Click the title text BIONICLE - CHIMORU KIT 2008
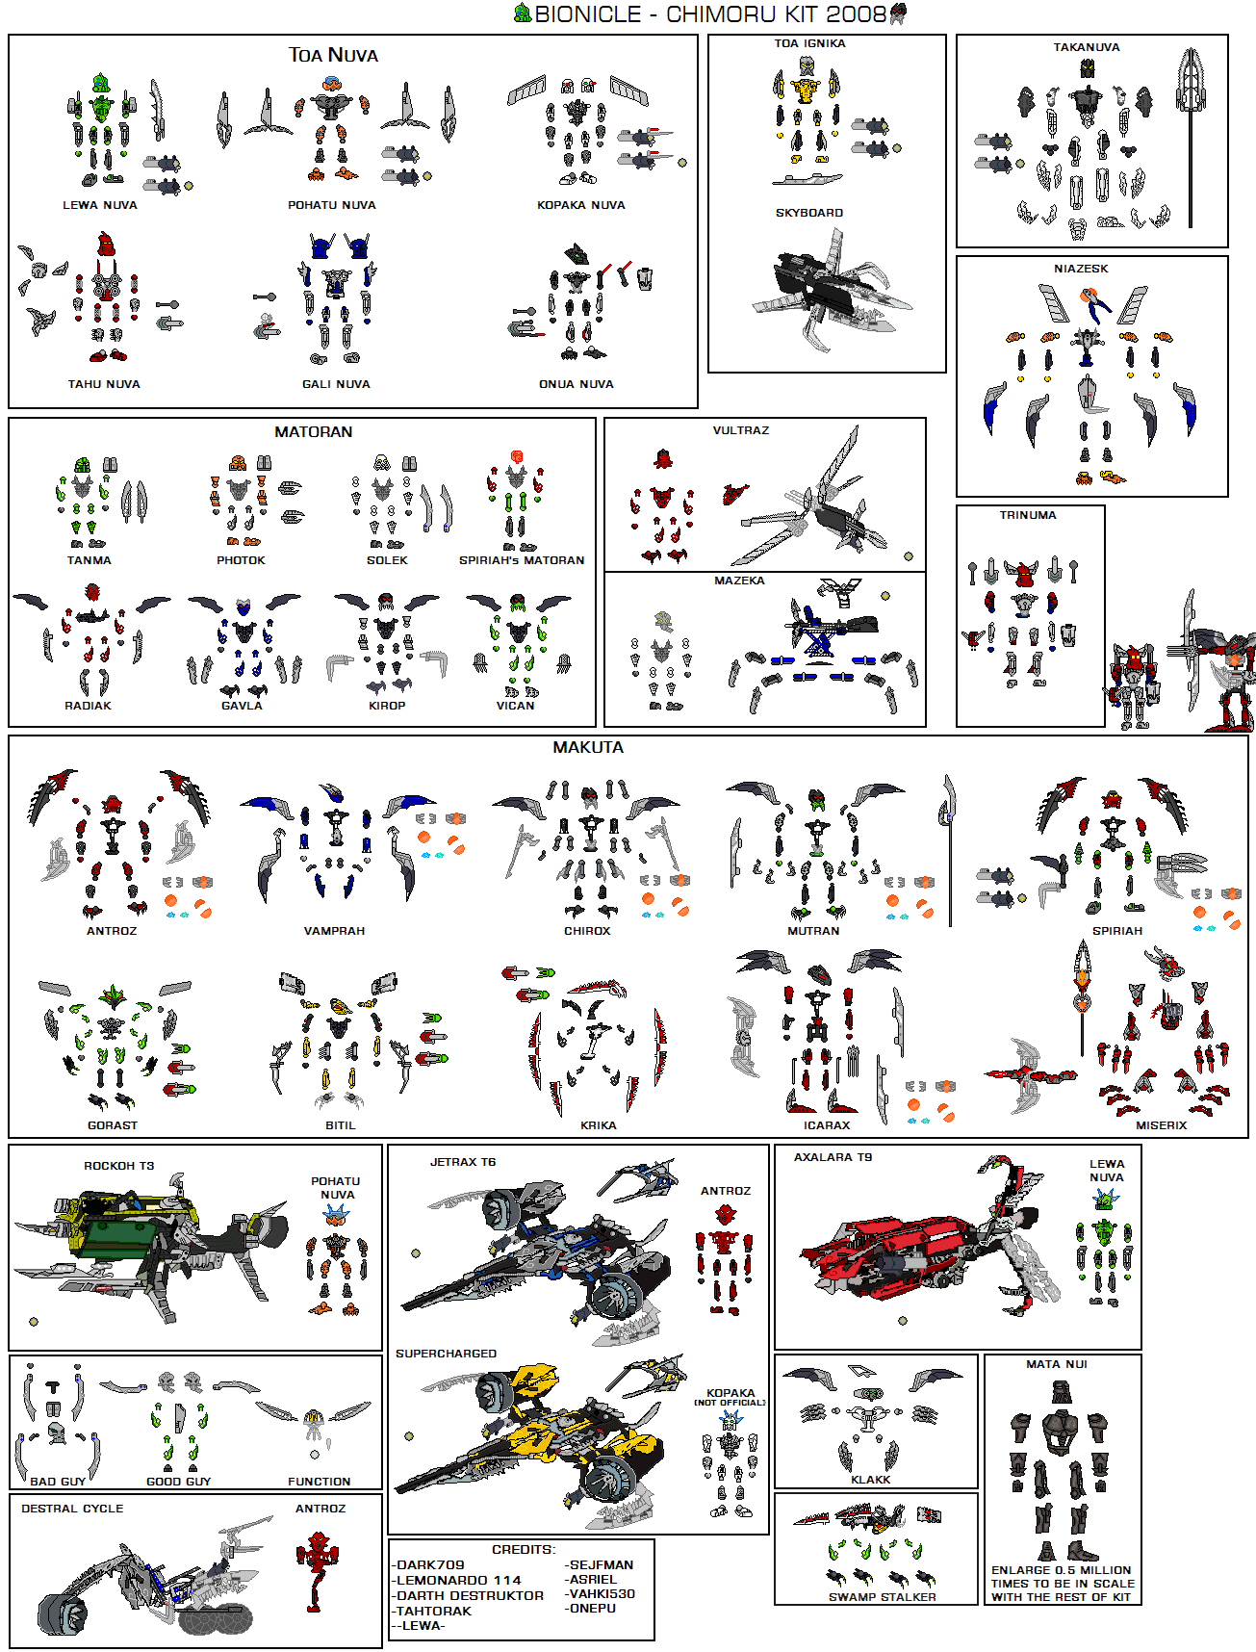(709, 13)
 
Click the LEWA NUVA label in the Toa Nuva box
(100, 205)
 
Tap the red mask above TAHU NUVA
(106, 245)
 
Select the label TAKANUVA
(1086, 47)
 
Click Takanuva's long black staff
(1191, 164)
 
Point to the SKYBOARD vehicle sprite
(828, 287)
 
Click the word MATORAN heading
(314, 432)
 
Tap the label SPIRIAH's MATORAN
(522, 560)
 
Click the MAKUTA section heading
(588, 747)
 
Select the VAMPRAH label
(334, 931)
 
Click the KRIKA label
(598, 1125)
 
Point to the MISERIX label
(1161, 1125)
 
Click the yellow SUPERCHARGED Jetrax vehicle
(539, 1434)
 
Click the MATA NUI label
(1056, 1364)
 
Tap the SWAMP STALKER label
(882, 1597)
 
